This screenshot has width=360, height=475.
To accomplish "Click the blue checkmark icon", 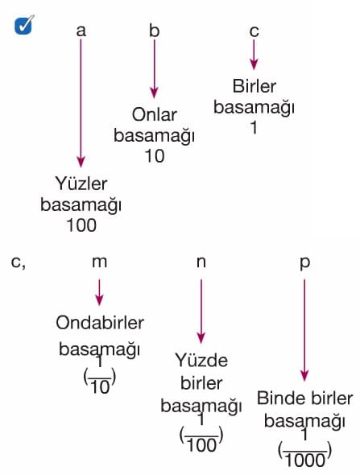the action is coord(23,25).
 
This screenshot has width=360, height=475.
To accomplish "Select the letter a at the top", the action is coord(81,31).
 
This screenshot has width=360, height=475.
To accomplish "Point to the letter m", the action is coord(99,262).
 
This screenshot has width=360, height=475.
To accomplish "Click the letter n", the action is coord(201,262).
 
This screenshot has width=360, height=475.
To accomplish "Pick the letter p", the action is coord(305,263).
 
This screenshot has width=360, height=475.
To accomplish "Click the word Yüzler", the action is coord(81,184).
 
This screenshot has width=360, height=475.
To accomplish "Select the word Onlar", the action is coord(155,115).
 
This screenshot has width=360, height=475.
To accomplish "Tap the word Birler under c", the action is coord(254,86).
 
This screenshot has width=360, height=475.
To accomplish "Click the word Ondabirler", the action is coord(100,323).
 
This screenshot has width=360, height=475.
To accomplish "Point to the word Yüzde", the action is coord(201,360).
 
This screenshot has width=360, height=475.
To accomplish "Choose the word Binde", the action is coord(280,398).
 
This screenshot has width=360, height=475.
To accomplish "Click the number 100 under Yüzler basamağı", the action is coord(81,225).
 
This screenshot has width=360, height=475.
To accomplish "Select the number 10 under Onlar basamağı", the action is coord(155,156).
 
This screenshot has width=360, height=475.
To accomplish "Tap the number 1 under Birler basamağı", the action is coord(254,127).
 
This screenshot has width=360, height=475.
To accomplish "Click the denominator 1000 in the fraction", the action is coord(305,461).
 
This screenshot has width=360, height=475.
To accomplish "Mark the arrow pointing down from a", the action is coord(81,103).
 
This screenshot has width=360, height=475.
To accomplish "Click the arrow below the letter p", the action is coord(304,330).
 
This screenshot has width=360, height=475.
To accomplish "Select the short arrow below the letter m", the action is coord(99,292).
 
